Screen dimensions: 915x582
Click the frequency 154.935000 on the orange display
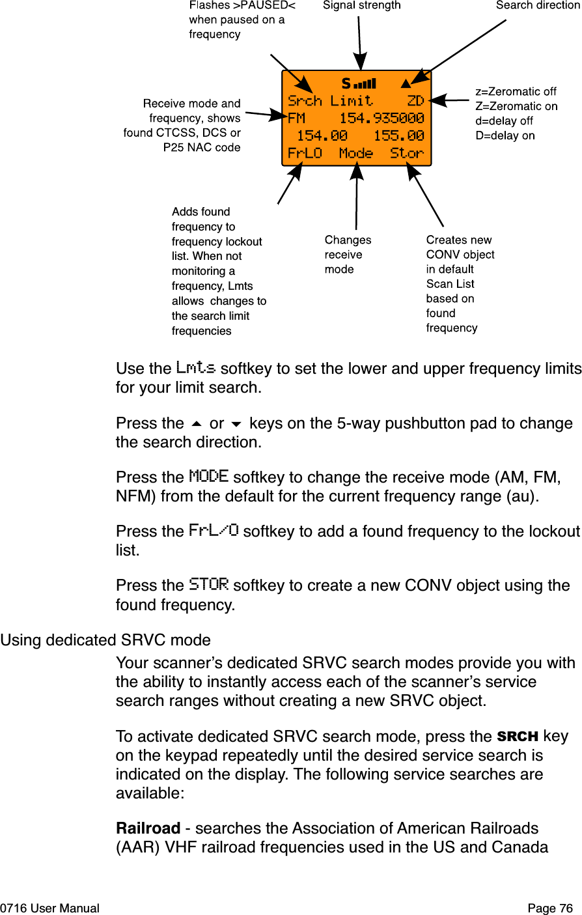coord(381,119)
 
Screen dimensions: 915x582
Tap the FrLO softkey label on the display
coord(305,154)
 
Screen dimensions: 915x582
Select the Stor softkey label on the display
coord(407,154)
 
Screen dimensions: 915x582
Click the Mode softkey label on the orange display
coord(356,154)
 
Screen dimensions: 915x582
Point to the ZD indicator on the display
coord(415,101)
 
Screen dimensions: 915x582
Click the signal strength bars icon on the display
coord(365,84)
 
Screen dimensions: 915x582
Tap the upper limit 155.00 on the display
coord(398,136)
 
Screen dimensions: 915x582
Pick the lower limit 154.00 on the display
coord(322,136)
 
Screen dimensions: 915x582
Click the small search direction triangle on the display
coord(406,83)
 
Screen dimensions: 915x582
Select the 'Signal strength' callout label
coord(362,6)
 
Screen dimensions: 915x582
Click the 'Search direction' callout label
coord(537,6)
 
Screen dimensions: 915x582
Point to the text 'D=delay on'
coord(505,136)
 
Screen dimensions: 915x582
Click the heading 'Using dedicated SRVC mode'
coord(105,640)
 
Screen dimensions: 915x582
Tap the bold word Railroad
coord(148,828)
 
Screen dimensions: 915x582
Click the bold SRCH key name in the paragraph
coord(517,737)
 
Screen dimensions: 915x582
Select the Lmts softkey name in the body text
coord(195,368)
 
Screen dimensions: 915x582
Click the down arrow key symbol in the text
coord(236,424)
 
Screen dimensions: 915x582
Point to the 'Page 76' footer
coord(550,908)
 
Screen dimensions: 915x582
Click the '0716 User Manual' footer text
coord(50,908)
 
